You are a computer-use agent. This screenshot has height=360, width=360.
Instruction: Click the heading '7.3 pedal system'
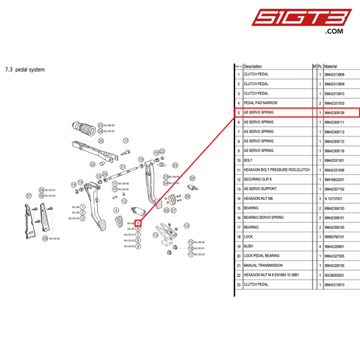[x=24, y=69]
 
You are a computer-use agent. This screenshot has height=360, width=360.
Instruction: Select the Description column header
[x=253, y=67]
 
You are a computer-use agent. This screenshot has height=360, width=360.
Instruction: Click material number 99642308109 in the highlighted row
[x=334, y=112]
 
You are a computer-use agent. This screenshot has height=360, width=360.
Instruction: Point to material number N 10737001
[x=332, y=199]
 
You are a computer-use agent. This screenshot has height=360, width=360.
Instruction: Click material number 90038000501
[x=334, y=276]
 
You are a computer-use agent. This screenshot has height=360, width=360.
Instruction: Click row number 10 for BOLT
[x=238, y=160]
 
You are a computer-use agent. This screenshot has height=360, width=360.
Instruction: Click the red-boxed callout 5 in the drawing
[x=138, y=222]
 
